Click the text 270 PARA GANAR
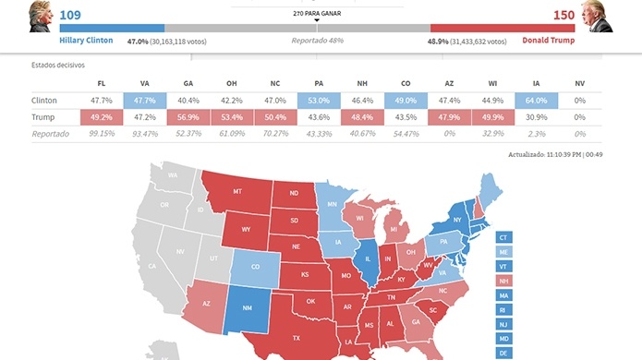(317, 13)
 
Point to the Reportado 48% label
(317, 41)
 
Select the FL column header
(101, 82)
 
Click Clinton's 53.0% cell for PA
(319, 100)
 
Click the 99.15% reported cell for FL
(101, 135)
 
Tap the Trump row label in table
(44, 117)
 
